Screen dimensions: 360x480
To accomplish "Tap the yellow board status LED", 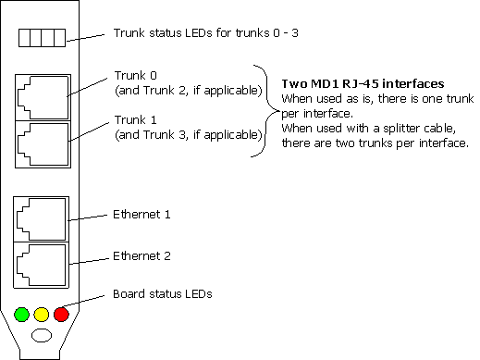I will (42, 315).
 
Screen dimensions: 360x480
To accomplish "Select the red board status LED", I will (60, 315).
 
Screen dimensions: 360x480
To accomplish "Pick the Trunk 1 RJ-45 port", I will (41, 141).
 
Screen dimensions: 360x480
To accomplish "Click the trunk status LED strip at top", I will (43, 39).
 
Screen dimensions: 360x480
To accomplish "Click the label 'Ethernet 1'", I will (142, 214).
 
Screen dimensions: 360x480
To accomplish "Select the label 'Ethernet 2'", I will (142, 254).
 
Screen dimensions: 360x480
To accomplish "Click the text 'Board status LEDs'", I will (163, 294).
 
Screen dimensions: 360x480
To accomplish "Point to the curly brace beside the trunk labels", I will (265, 112).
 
